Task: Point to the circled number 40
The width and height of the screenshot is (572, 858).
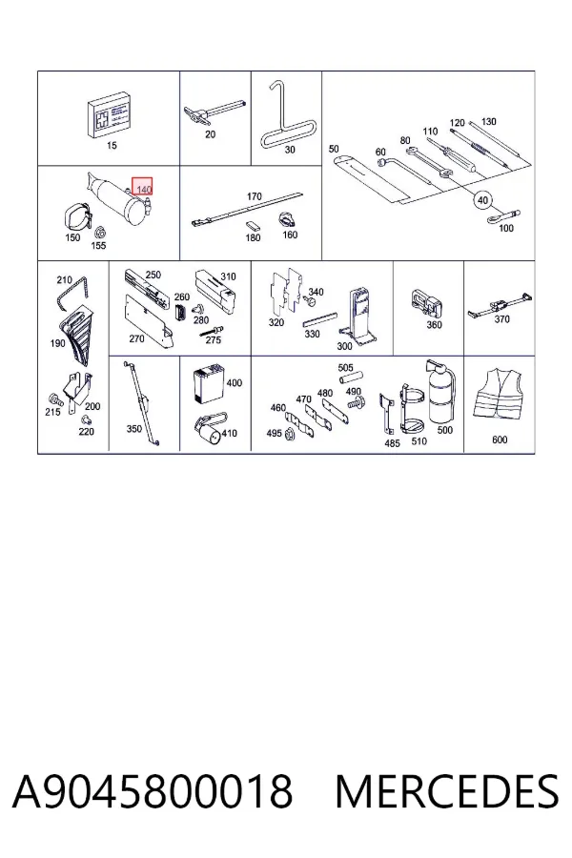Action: tap(482, 200)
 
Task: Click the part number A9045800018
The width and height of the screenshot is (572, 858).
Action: tap(153, 791)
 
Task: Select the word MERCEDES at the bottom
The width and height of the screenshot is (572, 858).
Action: tap(447, 791)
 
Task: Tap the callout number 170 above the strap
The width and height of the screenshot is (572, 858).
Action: tap(254, 195)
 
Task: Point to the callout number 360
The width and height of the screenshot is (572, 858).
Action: tap(434, 325)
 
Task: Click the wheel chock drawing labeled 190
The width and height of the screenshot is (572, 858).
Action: tap(75, 334)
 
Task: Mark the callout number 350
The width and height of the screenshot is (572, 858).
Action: tap(134, 429)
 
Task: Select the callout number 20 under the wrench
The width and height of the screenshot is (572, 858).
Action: tap(210, 134)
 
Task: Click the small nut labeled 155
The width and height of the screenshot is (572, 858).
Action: tap(99, 231)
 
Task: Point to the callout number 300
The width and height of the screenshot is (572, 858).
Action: tap(344, 346)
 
